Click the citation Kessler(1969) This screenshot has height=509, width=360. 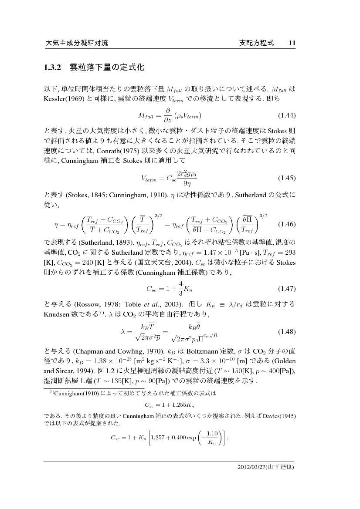pyautogui.click(x=66, y=99)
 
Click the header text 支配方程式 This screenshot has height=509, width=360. pyautogui.click(x=257, y=43)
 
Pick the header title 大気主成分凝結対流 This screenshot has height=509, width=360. pyautogui.click(x=77, y=43)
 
